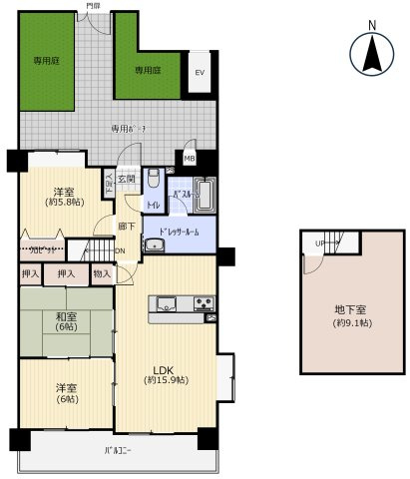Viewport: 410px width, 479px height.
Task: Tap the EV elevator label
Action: [199, 72]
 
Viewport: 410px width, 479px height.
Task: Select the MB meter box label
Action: [190, 157]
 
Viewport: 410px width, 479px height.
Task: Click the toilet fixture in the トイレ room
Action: [153, 182]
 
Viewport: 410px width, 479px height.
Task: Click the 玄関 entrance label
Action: [126, 179]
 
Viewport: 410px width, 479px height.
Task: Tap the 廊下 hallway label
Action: [126, 227]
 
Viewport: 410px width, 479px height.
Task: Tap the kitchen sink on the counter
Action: [167, 303]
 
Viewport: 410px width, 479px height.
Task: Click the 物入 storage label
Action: [101, 272]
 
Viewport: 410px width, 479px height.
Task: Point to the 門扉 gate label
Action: [93, 6]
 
